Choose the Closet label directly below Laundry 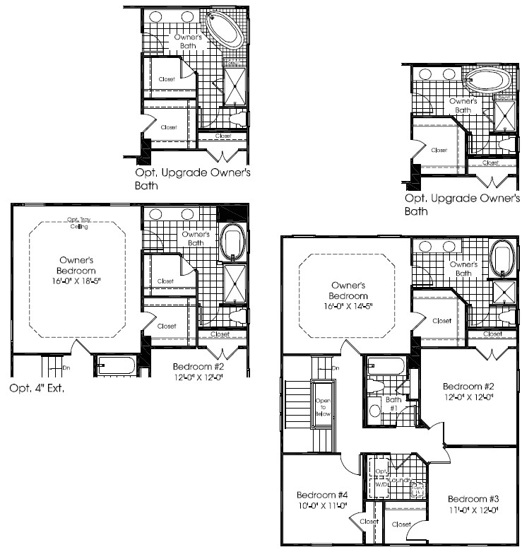[x=401, y=525]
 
